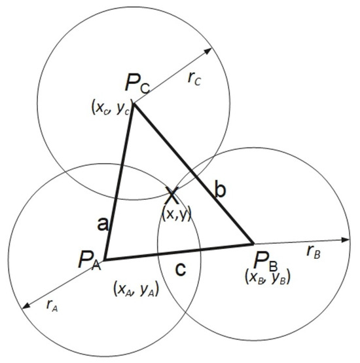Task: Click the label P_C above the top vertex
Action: tap(137, 84)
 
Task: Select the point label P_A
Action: tap(90, 260)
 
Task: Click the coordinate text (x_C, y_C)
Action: tap(111, 107)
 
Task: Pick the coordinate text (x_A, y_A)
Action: tap(136, 289)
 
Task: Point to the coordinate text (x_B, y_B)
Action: tap(268, 277)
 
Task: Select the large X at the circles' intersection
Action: tap(173, 196)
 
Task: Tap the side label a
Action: tap(103, 224)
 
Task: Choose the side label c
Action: tap(181, 269)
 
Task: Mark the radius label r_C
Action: tap(194, 79)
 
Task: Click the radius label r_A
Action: tap(52, 305)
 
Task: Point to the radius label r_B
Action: tap(314, 252)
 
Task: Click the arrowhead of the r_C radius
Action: tap(208, 50)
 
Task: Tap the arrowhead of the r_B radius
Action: tap(346, 240)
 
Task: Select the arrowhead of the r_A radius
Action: tap(26, 305)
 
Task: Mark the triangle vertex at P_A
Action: tap(105, 259)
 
